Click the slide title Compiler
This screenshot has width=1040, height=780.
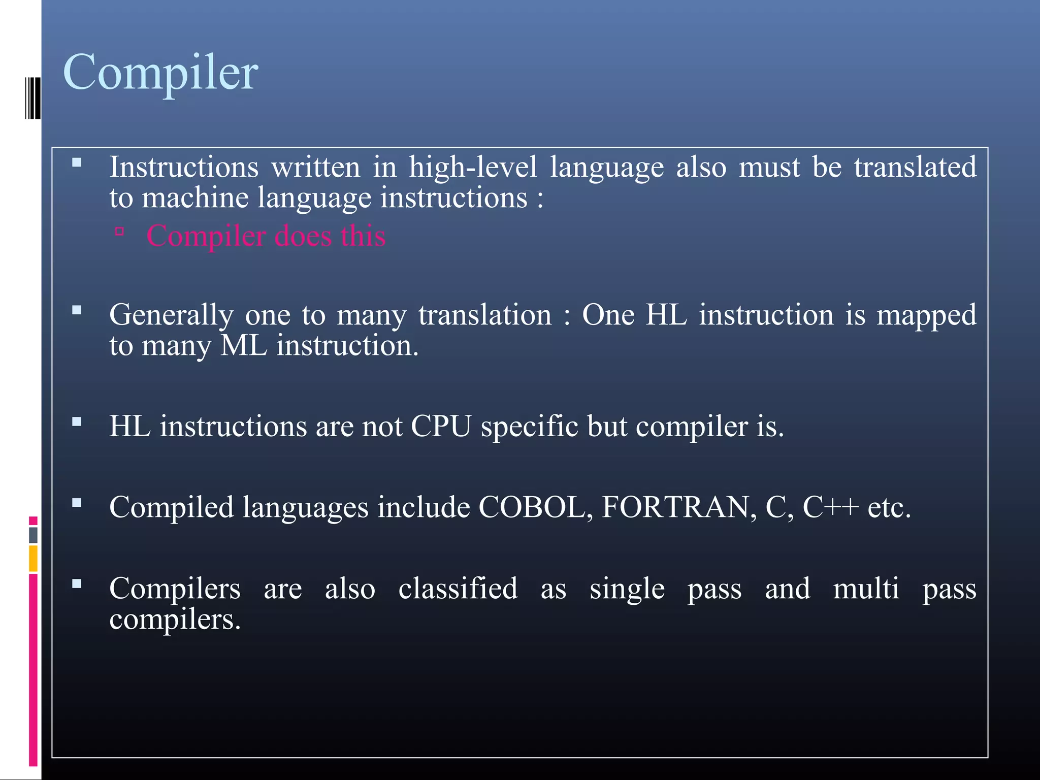[160, 72]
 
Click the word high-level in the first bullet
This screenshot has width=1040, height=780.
[472, 168]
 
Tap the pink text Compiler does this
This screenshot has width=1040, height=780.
[266, 236]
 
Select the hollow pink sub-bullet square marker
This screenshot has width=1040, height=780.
[119, 232]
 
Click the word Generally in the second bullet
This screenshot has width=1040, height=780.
[171, 315]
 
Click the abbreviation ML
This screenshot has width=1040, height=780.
[244, 346]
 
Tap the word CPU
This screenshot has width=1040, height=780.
[441, 426]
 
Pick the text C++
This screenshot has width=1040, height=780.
[830, 507]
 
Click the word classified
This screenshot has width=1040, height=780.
[458, 589]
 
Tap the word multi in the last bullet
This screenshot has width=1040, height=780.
[866, 589]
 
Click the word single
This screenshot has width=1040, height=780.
[627, 589]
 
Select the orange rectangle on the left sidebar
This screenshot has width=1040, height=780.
[33, 558]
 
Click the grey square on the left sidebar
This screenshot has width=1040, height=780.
[33, 535]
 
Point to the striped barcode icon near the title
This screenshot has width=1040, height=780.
[32, 98]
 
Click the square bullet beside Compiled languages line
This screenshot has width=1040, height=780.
[77, 503]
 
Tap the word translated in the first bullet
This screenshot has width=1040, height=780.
[915, 168]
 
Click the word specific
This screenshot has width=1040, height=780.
[529, 426]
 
